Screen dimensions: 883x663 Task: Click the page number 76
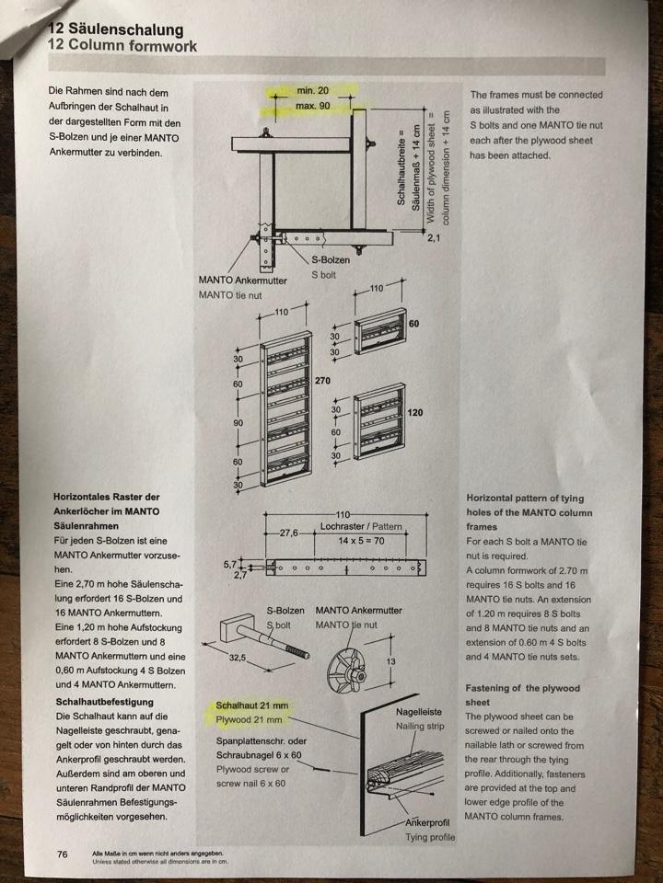pyautogui.click(x=63, y=854)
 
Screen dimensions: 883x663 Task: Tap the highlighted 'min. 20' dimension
pyautogui.click(x=312, y=91)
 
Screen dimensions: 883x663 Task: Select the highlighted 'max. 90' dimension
pyautogui.click(x=312, y=107)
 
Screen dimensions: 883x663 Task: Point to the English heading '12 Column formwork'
pyautogui.click(x=122, y=46)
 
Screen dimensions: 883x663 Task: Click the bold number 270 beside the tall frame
pyautogui.click(x=323, y=379)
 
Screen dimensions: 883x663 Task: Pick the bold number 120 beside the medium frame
pyautogui.click(x=414, y=413)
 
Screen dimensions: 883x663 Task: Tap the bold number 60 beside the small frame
pyautogui.click(x=413, y=324)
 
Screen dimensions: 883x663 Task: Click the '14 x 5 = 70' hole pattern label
pyautogui.click(x=362, y=540)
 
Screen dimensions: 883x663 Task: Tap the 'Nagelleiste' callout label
pyautogui.click(x=419, y=711)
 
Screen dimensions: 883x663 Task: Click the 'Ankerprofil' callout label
pyautogui.click(x=426, y=822)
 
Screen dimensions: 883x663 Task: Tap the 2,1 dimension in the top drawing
pyautogui.click(x=435, y=238)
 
